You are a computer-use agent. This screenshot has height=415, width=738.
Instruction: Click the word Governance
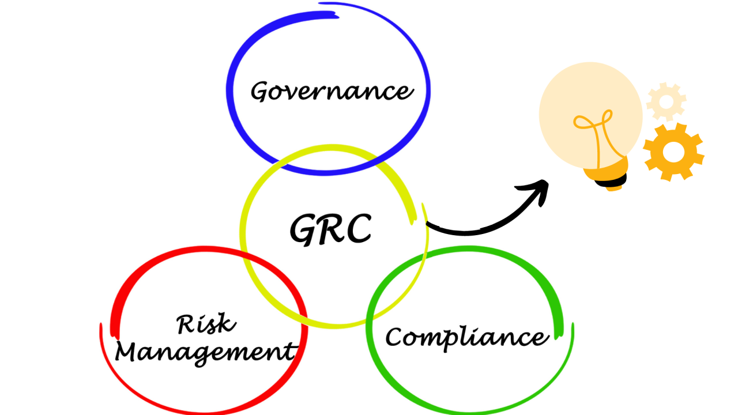(x=332, y=91)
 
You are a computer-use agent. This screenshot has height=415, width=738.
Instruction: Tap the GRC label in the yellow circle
(x=331, y=229)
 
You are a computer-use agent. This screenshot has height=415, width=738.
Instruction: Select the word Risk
(x=206, y=324)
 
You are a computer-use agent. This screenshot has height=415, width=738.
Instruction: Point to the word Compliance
(x=467, y=338)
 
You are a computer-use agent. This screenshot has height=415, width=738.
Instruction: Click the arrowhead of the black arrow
(x=536, y=191)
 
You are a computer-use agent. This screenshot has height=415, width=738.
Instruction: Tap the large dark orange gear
(x=673, y=152)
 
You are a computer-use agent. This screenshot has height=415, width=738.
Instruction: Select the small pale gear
(x=666, y=101)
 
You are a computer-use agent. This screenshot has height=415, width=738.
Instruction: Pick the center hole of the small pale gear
(x=666, y=102)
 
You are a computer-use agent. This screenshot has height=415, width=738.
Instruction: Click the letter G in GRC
(x=303, y=230)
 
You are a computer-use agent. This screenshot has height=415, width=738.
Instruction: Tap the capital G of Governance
(x=261, y=91)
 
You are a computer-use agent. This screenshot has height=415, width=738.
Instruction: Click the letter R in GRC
(x=331, y=229)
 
